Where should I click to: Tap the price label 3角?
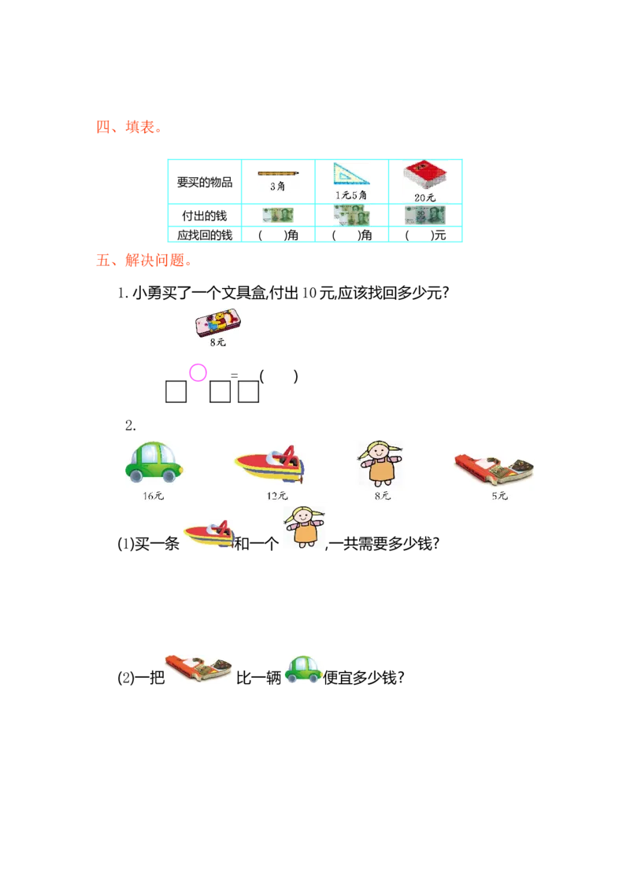pyautogui.click(x=276, y=187)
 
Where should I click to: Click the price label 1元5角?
pyautogui.click(x=351, y=194)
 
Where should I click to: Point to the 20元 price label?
pyautogui.click(x=425, y=198)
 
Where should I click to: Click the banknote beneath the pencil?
pyautogui.click(x=276, y=215)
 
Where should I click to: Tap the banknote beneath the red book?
pyautogui.click(x=425, y=214)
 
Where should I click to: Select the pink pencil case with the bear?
pyautogui.click(x=217, y=320)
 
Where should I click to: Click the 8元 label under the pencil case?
pyautogui.click(x=217, y=342)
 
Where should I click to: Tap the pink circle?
pyautogui.click(x=198, y=372)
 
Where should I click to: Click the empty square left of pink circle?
pyautogui.click(x=176, y=392)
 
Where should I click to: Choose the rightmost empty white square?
pyautogui.click(x=248, y=392)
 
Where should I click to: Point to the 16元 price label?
pyautogui.click(x=154, y=496)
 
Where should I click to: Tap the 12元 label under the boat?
pyautogui.click(x=277, y=496)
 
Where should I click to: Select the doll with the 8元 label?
pyautogui.click(x=381, y=463)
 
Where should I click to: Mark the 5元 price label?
pyautogui.click(x=499, y=496)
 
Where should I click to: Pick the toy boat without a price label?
pyautogui.click(x=210, y=535)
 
